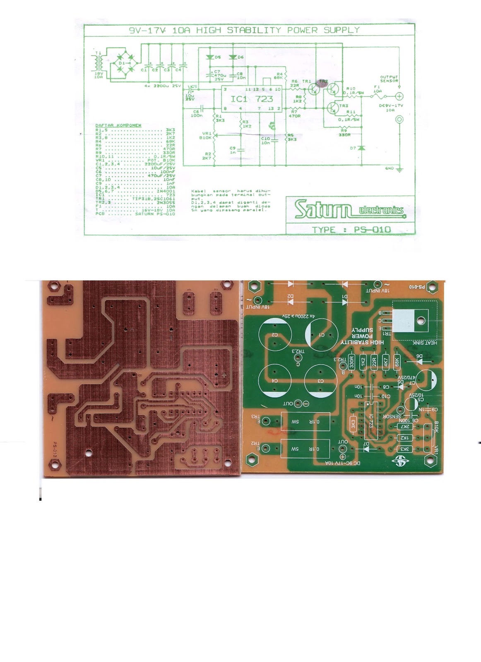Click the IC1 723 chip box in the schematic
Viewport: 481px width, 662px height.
tap(252, 98)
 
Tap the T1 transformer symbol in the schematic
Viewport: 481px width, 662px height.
tap(98, 63)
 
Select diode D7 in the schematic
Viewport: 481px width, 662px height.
tap(361, 148)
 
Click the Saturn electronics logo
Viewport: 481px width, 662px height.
tap(349, 209)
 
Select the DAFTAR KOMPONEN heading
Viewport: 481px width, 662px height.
tap(118, 125)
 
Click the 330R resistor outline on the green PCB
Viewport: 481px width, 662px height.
tap(352, 362)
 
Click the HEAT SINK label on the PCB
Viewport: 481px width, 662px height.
tap(425, 343)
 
